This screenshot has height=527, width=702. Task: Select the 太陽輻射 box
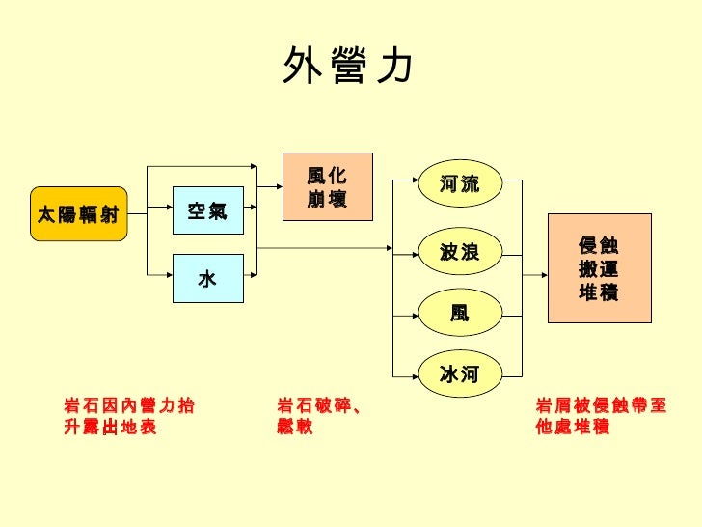[78, 213]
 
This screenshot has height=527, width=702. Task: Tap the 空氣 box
[207, 211]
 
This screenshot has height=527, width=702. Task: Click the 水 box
[207, 279]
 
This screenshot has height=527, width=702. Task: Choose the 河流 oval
[459, 183]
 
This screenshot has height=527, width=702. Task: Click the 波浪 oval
[459, 253]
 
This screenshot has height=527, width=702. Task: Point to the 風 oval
[459, 314]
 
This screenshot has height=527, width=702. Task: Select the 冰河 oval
[459, 374]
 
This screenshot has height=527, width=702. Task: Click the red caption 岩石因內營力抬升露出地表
[128, 416]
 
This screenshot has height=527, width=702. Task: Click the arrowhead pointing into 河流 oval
[411, 179]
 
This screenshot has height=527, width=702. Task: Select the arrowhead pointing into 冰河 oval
[411, 373]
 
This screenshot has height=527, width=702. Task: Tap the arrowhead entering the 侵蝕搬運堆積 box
[542, 268]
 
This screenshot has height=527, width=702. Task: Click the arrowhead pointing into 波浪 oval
[411, 253]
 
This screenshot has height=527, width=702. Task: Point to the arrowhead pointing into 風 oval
[411, 313]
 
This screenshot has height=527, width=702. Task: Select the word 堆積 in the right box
[598, 292]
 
